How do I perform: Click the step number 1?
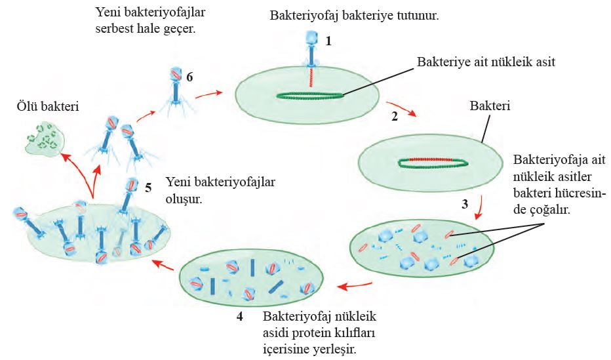coord(328,41)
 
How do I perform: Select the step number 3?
coord(465,204)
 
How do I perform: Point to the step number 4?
coord(240,317)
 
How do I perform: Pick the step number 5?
coord(148,188)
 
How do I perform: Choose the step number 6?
coord(189,77)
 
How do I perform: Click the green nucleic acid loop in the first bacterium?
coord(308,96)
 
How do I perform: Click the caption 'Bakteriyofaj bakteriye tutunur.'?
coord(354,14)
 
